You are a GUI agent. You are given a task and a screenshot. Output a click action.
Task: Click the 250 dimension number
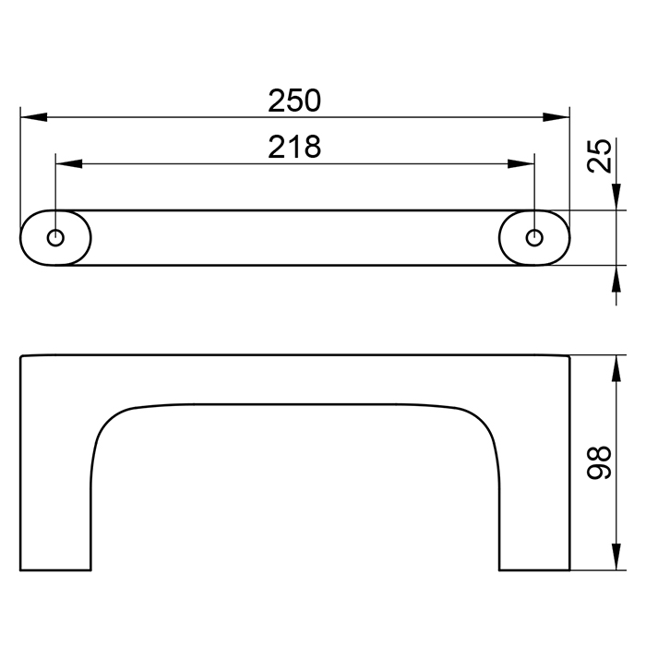[x=294, y=101]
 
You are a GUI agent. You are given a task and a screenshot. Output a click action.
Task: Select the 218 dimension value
[x=294, y=147]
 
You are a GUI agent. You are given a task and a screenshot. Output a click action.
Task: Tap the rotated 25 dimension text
[x=600, y=156]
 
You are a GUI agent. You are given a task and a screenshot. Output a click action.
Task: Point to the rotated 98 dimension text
[x=600, y=462]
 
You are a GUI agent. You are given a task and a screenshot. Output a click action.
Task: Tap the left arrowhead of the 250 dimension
[x=33, y=117]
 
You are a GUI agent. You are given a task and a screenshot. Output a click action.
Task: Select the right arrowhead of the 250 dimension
[x=556, y=117]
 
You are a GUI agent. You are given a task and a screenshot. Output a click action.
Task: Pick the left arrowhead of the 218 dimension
[x=69, y=163]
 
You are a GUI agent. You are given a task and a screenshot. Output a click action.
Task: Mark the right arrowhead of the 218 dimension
[x=521, y=163]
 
